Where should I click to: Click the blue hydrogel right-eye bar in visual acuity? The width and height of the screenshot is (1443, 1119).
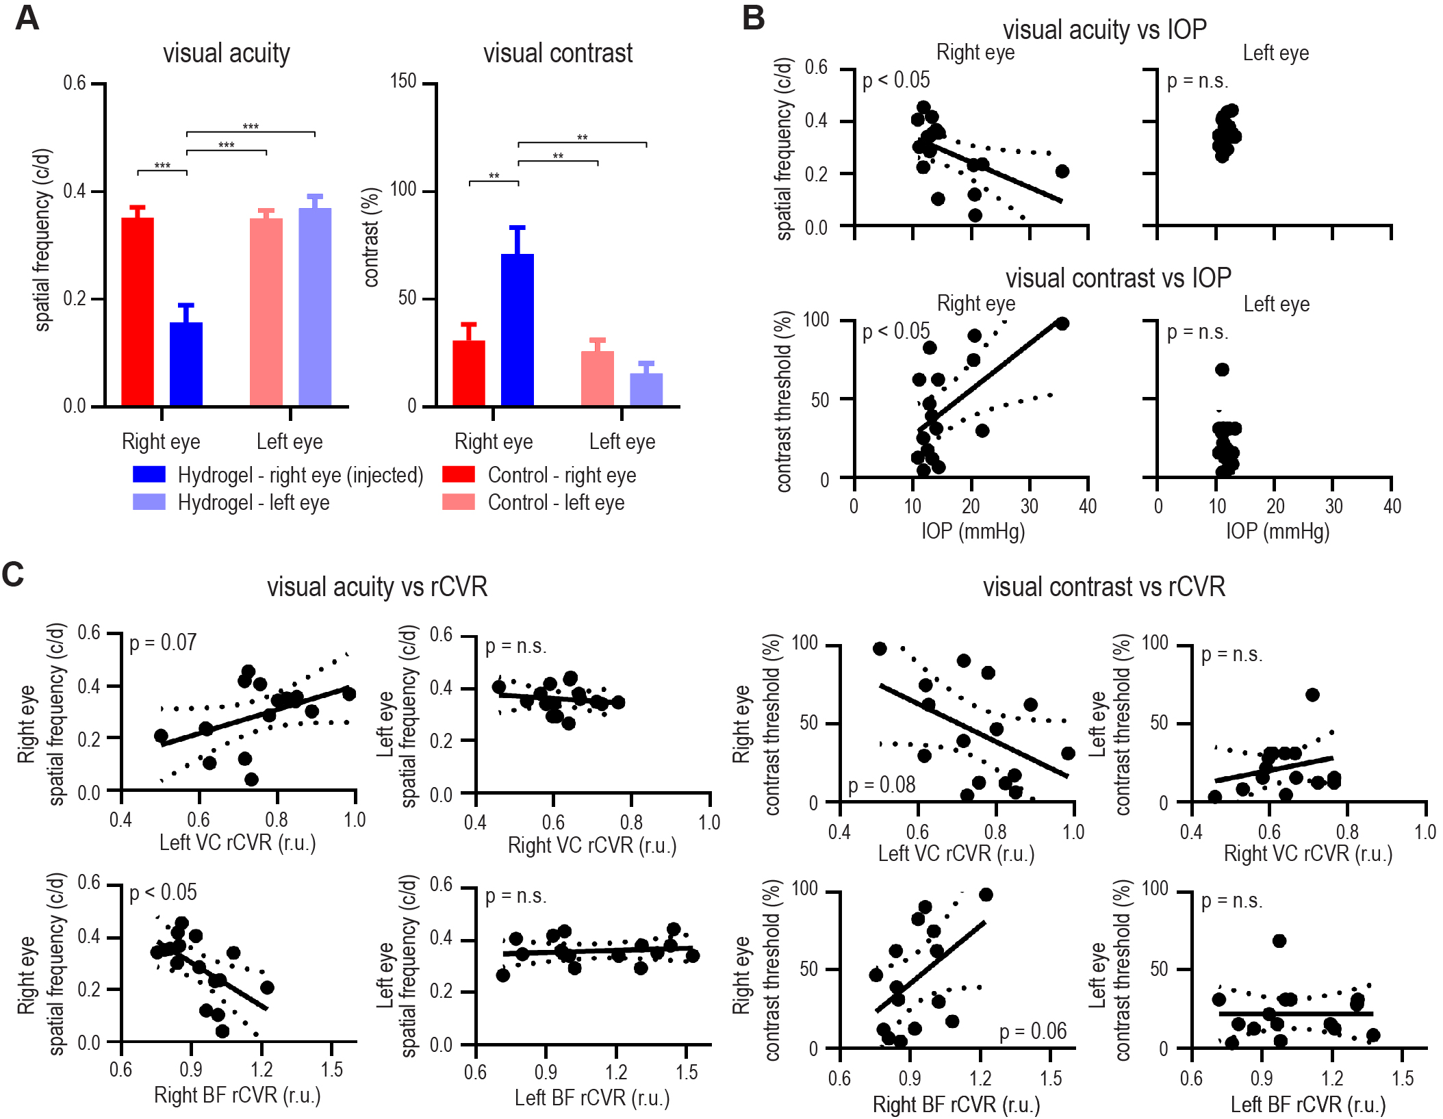[x=186, y=364]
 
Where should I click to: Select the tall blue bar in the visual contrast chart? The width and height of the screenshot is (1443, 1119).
[x=518, y=330]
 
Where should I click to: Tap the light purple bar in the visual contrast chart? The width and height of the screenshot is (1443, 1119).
[x=646, y=389]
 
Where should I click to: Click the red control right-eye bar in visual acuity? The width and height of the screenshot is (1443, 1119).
[x=138, y=311]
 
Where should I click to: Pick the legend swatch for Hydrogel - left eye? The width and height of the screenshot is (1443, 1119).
[x=149, y=502]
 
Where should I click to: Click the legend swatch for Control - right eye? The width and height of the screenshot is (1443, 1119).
[x=459, y=474]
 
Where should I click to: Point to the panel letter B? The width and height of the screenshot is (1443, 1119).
[x=753, y=18]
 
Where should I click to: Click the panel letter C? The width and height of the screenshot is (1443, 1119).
[x=13, y=574]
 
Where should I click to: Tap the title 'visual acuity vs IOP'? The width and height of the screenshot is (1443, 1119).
[x=1104, y=29]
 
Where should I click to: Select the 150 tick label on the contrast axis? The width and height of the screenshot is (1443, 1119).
[x=403, y=82]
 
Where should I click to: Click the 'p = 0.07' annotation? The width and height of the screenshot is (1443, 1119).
[x=163, y=643]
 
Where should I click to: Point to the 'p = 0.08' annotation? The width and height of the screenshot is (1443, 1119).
[x=882, y=785]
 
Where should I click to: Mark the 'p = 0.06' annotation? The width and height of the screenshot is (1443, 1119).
[x=1033, y=1031]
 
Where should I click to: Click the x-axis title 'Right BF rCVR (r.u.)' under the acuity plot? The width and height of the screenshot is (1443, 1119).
[x=238, y=1095]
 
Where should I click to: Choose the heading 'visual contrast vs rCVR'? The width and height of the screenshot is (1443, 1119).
[x=1103, y=587]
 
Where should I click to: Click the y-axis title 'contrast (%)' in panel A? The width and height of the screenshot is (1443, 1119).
[x=371, y=237]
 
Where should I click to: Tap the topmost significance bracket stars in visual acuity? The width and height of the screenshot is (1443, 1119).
[x=251, y=127]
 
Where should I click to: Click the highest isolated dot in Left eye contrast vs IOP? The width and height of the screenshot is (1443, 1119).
[x=1222, y=370]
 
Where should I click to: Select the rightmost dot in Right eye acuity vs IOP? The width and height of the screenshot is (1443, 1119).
[x=1062, y=171]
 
